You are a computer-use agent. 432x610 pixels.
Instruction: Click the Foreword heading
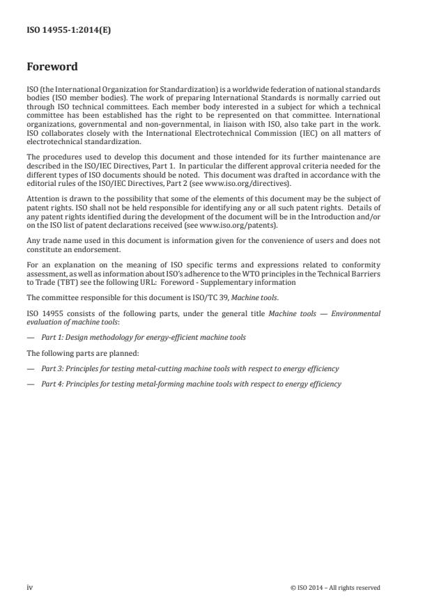pyautogui.click(x=52, y=68)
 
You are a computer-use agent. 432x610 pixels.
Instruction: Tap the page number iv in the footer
pyautogui.click(x=29, y=587)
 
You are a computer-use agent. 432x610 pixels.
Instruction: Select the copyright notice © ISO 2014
pyautogui.click(x=335, y=588)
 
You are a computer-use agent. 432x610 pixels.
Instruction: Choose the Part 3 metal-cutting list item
pyautogui.click(x=190, y=368)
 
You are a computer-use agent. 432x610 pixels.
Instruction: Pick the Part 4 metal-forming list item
pyautogui.click(x=190, y=384)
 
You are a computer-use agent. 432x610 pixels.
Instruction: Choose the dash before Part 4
pyautogui.click(x=31, y=384)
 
